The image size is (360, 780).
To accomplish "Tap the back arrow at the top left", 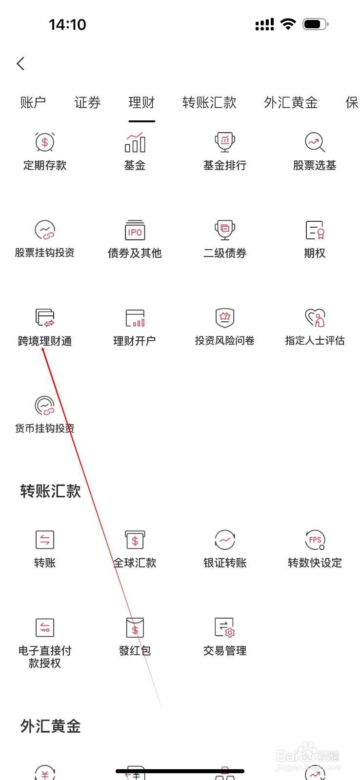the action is (x=20, y=63).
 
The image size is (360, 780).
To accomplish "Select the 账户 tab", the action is (x=33, y=102).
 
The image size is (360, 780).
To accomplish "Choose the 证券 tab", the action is (x=87, y=102).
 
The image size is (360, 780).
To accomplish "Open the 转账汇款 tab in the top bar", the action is (x=209, y=102).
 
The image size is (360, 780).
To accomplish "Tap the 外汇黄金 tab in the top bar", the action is (x=291, y=102).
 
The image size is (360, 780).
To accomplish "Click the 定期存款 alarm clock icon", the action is (x=45, y=142).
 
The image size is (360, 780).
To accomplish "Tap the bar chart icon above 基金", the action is (x=135, y=142).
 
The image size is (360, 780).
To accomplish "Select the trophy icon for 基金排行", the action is (x=225, y=142).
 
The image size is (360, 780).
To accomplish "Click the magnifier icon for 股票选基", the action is (x=315, y=142).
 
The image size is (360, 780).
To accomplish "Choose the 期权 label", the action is (x=315, y=253).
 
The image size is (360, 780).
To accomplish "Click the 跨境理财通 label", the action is (x=45, y=341).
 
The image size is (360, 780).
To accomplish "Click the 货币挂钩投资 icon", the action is (x=45, y=406).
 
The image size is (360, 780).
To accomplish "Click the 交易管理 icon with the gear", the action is (x=225, y=628).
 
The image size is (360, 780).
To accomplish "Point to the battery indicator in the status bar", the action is (x=315, y=24).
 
